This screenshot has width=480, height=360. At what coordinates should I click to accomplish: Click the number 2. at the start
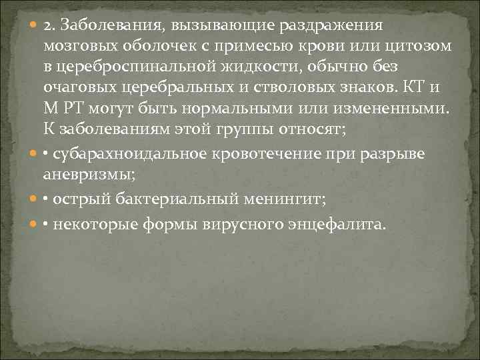click(x=49, y=25)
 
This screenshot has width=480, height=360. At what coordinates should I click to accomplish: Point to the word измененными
click(x=387, y=108)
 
